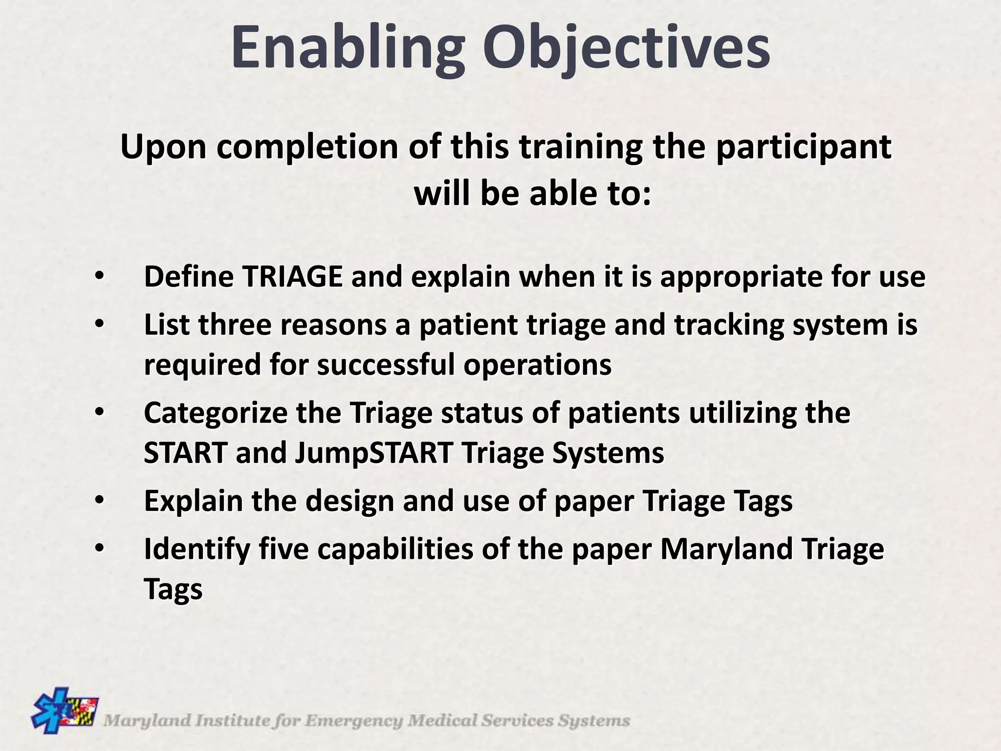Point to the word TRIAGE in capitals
pyautogui.click(x=292, y=277)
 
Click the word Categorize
pyautogui.click(x=216, y=414)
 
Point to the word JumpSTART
pyautogui.click(x=374, y=454)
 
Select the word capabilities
pyautogui.click(x=395, y=550)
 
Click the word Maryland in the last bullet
pyautogui.click(x=727, y=550)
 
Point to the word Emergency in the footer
pyautogui.click(x=355, y=721)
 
